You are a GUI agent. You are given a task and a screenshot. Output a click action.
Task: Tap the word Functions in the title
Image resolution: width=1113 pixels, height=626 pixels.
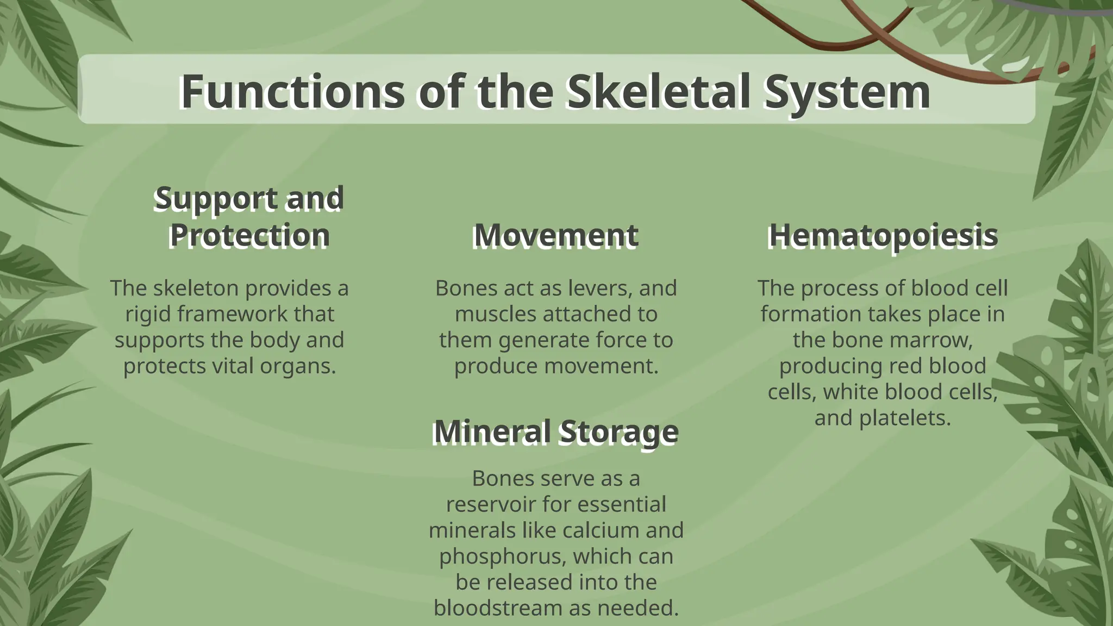(292, 91)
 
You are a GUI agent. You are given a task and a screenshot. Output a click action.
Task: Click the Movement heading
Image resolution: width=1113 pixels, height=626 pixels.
(555, 236)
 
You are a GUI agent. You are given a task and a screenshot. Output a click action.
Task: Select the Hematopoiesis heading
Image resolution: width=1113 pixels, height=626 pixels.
(883, 236)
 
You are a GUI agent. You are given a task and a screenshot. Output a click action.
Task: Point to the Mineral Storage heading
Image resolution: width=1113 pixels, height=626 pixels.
(555, 432)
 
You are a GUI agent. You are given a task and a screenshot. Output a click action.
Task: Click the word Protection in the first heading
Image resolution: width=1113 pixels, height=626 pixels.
(249, 236)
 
